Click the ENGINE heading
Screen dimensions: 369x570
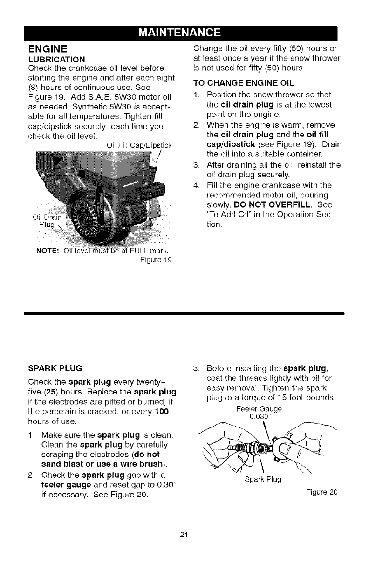[48, 48]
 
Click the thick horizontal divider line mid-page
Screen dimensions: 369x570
[184, 314]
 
